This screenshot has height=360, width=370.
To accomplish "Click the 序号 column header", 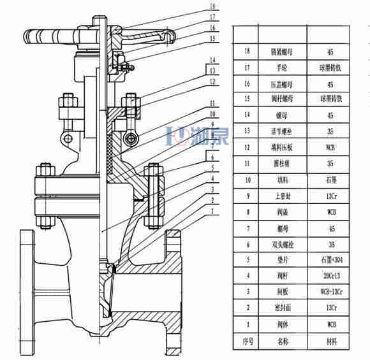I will (246, 341).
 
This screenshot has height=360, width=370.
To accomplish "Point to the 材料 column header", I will (330, 341).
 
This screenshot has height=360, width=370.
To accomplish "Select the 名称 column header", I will (282, 341).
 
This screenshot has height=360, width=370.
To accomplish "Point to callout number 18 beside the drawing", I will (212, 7).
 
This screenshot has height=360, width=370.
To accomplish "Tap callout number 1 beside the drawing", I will (212, 210).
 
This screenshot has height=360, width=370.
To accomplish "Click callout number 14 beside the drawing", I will (212, 61).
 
